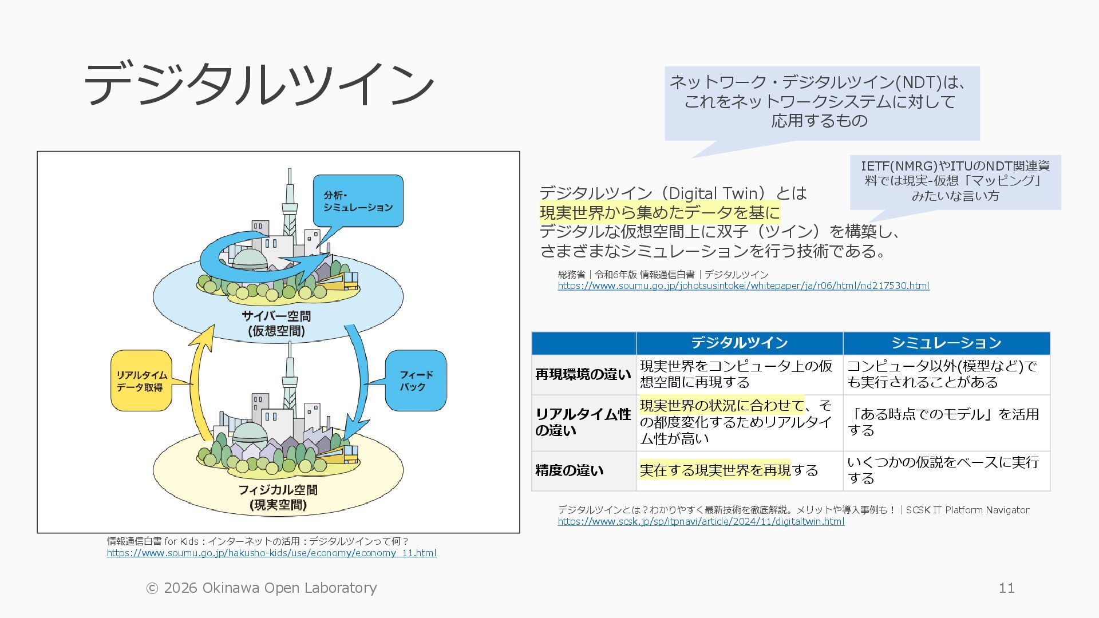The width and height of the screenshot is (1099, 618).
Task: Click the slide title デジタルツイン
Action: coord(259,85)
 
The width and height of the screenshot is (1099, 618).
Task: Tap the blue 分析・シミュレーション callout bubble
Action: coord(358,201)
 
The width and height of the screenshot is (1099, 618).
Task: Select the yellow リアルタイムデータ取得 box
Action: coord(141,381)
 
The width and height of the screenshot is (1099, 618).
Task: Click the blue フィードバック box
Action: coord(416,381)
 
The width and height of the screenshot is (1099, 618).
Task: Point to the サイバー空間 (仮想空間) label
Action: coord(276,323)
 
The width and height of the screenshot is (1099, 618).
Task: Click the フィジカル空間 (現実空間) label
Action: coord(278,497)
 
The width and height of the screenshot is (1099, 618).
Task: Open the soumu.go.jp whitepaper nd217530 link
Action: coord(744,286)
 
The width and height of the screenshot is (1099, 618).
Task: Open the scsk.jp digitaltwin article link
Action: coord(701,521)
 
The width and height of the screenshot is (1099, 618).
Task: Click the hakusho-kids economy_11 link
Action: coord(271,553)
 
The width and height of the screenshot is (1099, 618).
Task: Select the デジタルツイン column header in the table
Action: coord(739,343)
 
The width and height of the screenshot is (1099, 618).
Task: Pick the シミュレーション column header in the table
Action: coord(946,343)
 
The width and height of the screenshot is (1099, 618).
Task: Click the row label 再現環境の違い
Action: coord(583,374)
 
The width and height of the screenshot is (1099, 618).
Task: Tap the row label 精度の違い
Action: coord(570,470)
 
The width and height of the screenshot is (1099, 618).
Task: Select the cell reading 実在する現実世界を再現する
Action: coord(729,470)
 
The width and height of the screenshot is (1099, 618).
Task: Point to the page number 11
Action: coord(1006,588)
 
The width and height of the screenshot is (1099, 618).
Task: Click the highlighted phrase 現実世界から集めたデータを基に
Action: coord(659,213)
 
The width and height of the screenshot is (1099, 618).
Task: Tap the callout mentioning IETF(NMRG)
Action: coord(955,181)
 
